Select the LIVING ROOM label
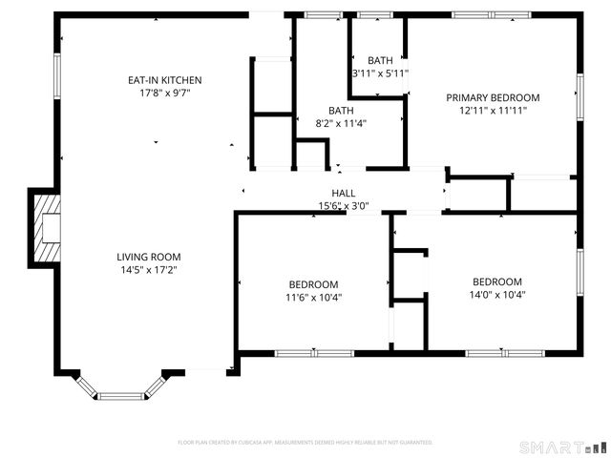coord(148,257)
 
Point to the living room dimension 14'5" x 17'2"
coord(148,270)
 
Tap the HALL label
coord(344,193)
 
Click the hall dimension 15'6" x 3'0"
coord(344,205)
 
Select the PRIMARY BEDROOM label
coord(493,97)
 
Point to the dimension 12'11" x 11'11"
coord(493,110)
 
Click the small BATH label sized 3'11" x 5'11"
coord(379,60)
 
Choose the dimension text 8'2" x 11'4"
coord(341,123)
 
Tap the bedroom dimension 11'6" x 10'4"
coord(314,297)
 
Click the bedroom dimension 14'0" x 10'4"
coord(497,295)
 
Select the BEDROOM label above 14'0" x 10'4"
coord(497,281)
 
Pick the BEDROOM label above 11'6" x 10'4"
coord(314,284)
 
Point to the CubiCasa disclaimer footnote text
coord(305,443)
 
